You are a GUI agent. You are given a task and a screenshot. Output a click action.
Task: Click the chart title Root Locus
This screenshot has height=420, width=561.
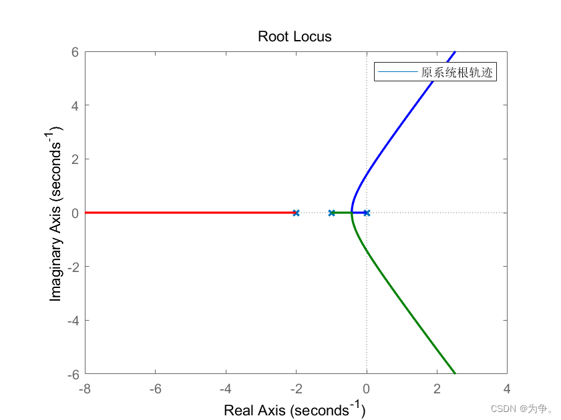tap(295, 37)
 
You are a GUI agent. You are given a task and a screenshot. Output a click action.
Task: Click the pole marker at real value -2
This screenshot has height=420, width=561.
tap(296, 213)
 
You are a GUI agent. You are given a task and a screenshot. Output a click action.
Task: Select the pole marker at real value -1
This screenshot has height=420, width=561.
tap(331, 213)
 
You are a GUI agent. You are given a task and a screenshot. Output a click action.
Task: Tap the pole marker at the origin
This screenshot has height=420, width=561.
tap(367, 213)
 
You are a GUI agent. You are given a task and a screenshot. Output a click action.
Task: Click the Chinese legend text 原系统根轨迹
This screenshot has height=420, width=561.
tap(457, 73)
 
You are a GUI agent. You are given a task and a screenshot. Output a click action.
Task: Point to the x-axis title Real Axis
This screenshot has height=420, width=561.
tap(295, 409)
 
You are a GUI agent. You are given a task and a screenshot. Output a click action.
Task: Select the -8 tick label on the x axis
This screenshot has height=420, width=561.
tap(85, 388)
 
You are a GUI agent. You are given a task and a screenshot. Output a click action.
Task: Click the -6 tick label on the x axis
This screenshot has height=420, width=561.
tap(156, 388)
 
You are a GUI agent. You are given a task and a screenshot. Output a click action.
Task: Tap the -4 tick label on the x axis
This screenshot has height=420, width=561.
tap(226, 388)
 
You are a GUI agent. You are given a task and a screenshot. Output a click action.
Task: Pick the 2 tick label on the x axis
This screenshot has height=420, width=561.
tap(437, 388)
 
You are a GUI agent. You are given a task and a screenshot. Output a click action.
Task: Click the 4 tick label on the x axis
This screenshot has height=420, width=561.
tap(507, 388)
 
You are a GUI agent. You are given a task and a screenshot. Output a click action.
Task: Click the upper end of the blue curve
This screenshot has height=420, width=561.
tap(455, 52)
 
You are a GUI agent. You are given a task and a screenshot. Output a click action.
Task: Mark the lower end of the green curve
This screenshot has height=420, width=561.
tap(455, 373)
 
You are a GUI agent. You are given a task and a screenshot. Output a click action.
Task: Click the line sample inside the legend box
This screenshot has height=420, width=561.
tap(398, 73)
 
